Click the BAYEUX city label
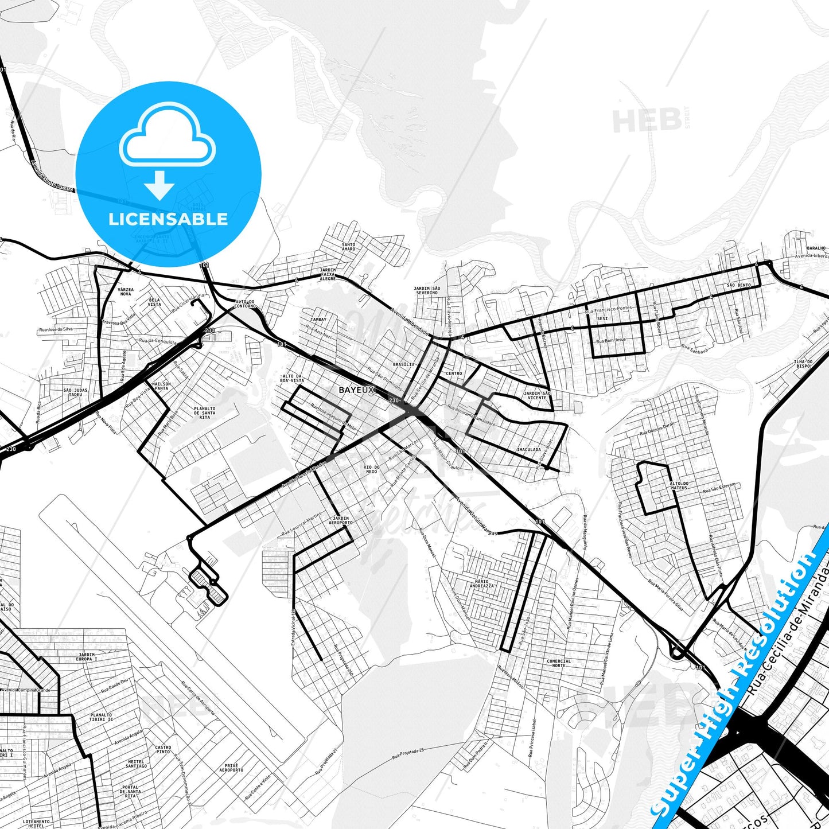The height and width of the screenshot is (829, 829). [356, 390]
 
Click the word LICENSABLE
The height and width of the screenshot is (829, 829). [168, 219]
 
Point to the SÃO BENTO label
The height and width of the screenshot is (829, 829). [738, 285]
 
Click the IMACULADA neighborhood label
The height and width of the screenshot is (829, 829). [528, 450]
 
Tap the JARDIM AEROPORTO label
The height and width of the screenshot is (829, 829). [341, 520]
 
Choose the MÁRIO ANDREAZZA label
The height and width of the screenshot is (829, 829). [481, 583]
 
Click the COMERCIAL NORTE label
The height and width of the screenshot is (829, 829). [559, 663]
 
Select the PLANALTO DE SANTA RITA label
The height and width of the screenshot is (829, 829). [205, 412]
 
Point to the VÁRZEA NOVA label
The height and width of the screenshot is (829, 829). [125, 292]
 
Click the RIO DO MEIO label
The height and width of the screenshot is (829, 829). [372, 469]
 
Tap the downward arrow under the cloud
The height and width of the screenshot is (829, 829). [159, 185]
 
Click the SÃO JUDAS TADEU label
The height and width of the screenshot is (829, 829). [76, 392]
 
